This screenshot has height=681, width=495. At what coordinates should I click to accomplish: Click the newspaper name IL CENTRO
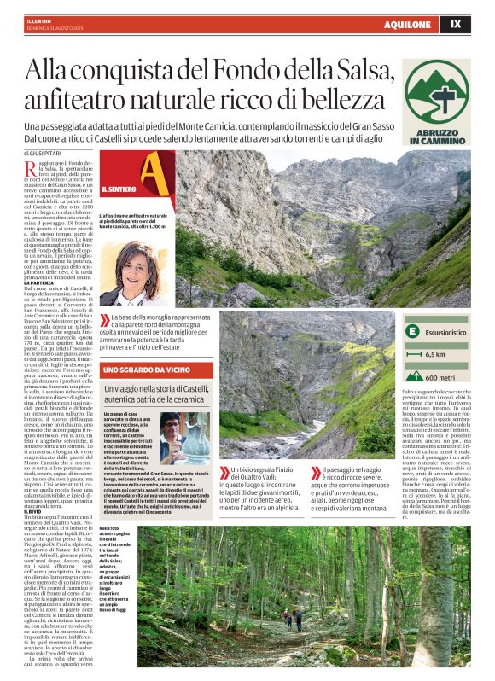tap(39, 20)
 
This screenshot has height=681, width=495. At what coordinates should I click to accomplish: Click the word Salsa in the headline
tap(376, 69)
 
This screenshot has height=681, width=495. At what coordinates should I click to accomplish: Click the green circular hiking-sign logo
tap(437, 91)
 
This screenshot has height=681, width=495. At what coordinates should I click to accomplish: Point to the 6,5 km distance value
tap(435, 353)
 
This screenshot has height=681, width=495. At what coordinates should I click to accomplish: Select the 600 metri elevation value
tap(438, 377)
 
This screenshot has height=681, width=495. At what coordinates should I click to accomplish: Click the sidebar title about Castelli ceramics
tap(159, 394)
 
